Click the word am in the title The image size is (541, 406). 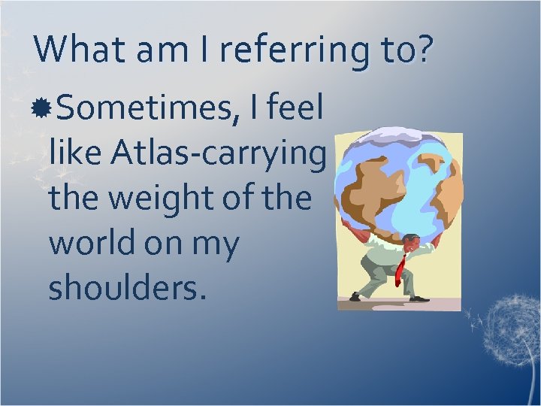coord(151,50)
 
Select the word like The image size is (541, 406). coord(74,154)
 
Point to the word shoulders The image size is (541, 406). coord(125,287)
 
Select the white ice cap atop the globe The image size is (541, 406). coord(398,135)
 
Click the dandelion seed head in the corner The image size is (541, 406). coord(507,323)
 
